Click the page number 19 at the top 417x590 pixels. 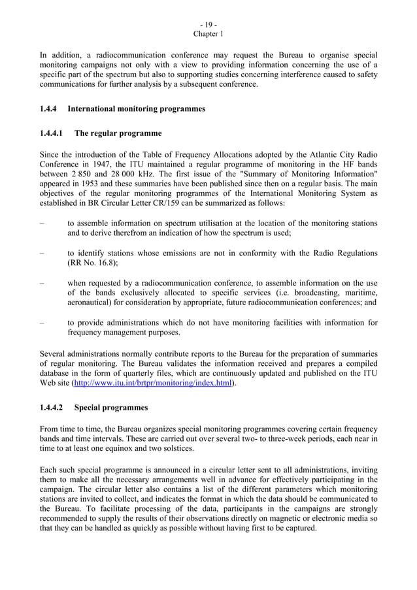208,24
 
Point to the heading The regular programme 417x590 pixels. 118,133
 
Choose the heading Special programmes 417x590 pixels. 111,408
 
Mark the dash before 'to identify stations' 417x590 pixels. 42,254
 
